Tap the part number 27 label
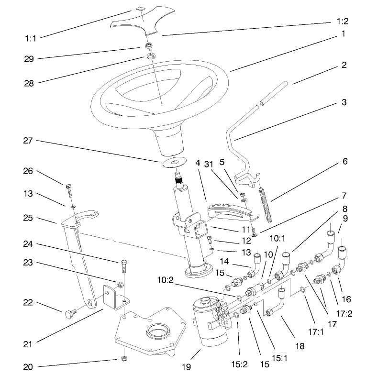tap(30, 141)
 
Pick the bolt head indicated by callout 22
tap(69, 314)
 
